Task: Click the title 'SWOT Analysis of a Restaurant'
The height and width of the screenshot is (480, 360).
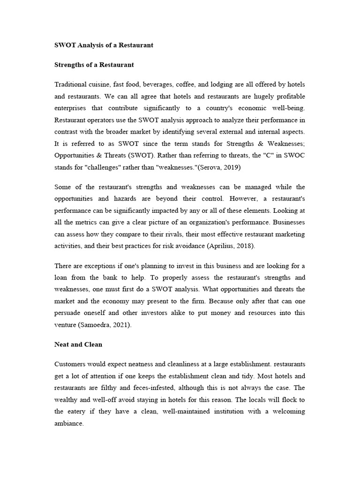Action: click(104, 45)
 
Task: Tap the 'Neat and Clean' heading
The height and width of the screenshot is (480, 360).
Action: click(78, 344)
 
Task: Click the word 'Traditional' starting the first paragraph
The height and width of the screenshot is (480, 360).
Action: click(71, 84)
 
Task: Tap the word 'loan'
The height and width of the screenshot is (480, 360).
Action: click(63, 278)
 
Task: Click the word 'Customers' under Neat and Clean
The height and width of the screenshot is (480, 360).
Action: click(71, 364)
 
